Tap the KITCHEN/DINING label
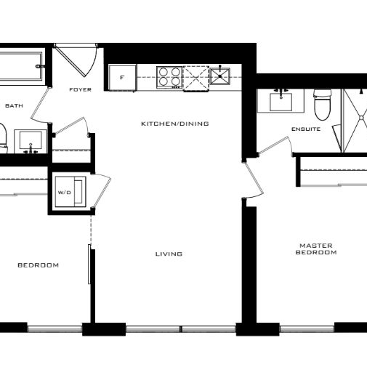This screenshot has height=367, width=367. [x=174, y=124]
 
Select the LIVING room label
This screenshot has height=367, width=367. [x=169, y=254]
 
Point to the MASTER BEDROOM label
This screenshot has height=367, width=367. [x=316, y=249]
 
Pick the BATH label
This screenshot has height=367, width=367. [x=14, y=106]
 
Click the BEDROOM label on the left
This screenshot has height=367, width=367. [x=38, y=265]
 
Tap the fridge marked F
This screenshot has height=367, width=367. [x=122, y=76]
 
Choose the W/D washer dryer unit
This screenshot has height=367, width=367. [x=71, y=193]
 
